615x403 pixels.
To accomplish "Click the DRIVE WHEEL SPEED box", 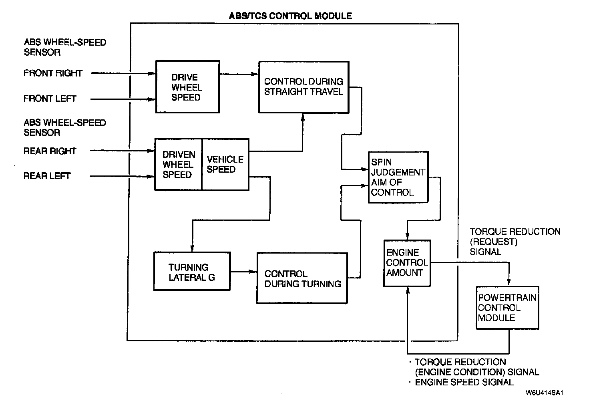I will pyautogui.click(x=187, y=87).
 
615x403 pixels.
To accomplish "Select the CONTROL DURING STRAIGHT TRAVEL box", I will pyautogui.click(x=303, y=87).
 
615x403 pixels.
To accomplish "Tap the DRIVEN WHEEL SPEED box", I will pyautogui.click(x=178, y=165).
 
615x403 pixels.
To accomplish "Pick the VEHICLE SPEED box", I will pyautogui.click(x=225, y=165).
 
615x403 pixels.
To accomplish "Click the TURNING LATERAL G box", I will pyautogui.click(x=192, y=272).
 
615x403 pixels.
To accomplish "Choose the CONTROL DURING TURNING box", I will pyautogui.click(x=302, y=278).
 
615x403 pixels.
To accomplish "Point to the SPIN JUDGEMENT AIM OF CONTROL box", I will pyautogui.click(x=398, y=177).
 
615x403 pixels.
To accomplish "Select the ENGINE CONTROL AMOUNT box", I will pyautogui.click(x=407, y=263).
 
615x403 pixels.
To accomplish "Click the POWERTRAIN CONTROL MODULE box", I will pyautogui.click(x=507, y=308).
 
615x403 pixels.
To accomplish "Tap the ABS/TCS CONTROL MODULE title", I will pyautogui.click(x=290, y=16).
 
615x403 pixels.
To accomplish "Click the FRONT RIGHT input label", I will pyautogui.click(x=53, y=73).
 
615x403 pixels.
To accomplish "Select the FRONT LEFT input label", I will pyautogui.click(x=50, y=99).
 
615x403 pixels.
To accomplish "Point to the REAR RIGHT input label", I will pyautogui.click(x=50, y=151).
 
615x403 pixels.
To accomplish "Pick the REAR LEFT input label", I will pyautogui.click(x=47, y=176).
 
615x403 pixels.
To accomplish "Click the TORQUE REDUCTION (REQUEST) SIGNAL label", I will pyautogui.click(x=515, y=242).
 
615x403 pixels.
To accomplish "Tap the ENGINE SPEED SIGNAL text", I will pyautogui.click(x=464, y=382).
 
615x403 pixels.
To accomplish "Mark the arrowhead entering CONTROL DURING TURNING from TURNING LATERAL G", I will pyautogui.click(x=253, y=272).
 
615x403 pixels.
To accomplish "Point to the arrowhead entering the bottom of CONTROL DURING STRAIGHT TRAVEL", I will pyautogui.click(x=303, y=116).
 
